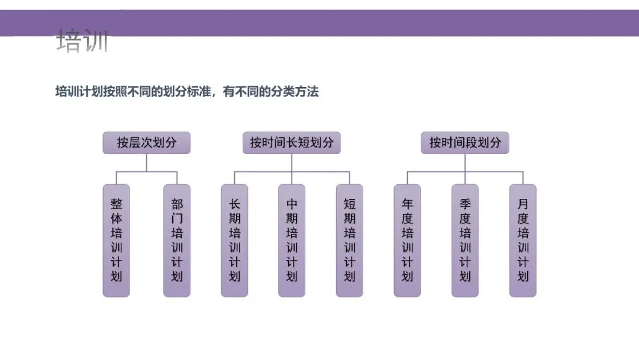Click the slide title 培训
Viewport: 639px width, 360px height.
pyautogui.click(x=82, y=43)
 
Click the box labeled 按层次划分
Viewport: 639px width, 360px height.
pyautogui.click(x=146, y=143)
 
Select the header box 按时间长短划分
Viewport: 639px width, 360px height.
pyautogui.click(x=291, y=143)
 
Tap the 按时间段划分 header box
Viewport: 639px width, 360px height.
pyautogui.click(x=465, y=143)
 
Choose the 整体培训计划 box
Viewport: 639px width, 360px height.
pyautogui.click(x=116, y=240)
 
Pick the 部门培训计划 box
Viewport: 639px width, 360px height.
pyautogui.click(x=177, y=240)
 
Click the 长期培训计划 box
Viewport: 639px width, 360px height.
pyautogui.click(x=234, y=240)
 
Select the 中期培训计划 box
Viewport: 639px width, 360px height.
pyautogui.click(x=292, y=240)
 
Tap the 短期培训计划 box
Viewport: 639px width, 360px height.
pyautogui.click(x=350, y=240)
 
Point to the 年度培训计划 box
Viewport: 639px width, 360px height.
pyautogui.click(x=407, y=240)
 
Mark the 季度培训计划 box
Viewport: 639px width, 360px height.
pyautogui.click(x=465, y=240)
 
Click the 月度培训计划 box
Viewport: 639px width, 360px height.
pyautogui.click(x=522, y=240)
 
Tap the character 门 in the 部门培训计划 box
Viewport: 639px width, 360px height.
pyautogui.click(x=177, y=218)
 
